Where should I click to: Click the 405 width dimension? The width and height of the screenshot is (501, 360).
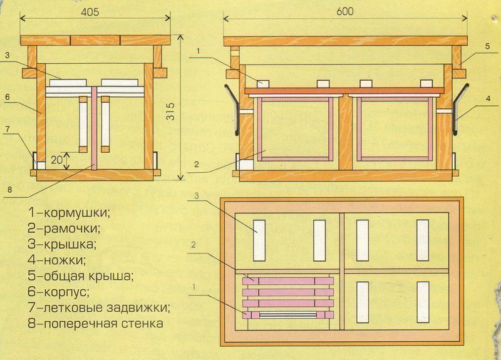tap(90, 12)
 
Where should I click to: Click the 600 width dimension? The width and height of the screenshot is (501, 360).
tap(345, 11)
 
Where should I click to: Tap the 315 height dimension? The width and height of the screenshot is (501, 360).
tap(171, 111)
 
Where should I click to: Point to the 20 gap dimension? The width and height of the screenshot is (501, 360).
tap(56, 160)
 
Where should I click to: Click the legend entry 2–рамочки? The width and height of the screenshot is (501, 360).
tap(64, 229)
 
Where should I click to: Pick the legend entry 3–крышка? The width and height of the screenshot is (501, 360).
tap(62, 245)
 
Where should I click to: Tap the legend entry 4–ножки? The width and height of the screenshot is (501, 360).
tap(57, 260)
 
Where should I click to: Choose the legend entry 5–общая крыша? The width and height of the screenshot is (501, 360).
tap(80, 276)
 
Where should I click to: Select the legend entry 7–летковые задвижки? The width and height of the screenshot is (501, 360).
tap(99, 307)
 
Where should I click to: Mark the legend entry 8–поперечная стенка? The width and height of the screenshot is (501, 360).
tap(96, 324)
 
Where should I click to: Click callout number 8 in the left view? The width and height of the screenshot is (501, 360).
tap(9, 190)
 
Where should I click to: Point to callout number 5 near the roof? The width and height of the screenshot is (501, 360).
tap(487, 46)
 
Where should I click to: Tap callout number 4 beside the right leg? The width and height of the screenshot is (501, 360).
tap(488, 99)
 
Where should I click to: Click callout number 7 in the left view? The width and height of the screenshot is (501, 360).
tap(7, 130)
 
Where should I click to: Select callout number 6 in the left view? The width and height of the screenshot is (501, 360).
tap(8, 97)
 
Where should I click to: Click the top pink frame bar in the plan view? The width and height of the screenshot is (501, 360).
tap(288, 281)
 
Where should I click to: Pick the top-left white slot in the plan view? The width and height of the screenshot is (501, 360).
tap(259, 240)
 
